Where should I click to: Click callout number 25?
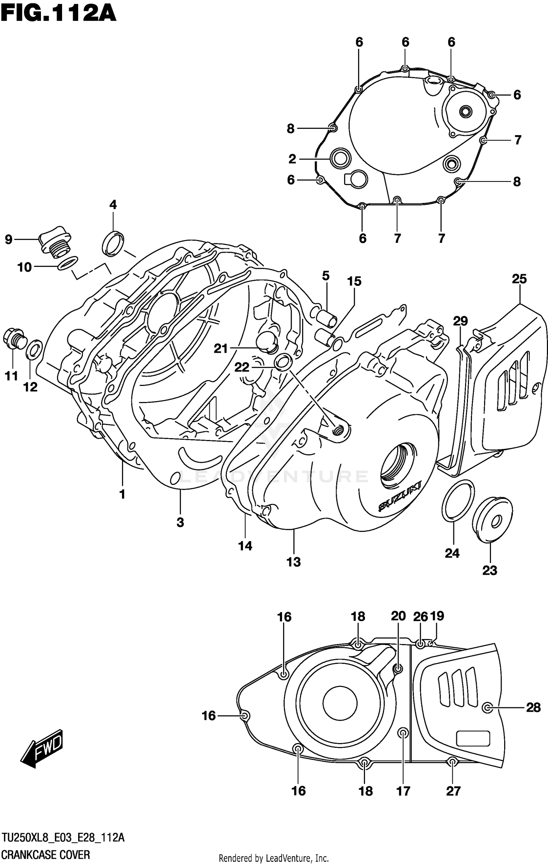(519, 279)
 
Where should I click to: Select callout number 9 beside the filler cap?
(8, 240)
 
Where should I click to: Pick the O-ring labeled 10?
(68, 263)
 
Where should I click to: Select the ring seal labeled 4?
(113, 243)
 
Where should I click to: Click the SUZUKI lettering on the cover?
(400, 496)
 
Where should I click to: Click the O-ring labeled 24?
(458, 500)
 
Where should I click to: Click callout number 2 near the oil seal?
(292, 159)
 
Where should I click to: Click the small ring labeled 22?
(283, 362)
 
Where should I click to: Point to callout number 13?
(293, 562)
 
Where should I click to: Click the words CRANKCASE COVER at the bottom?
(46, 852)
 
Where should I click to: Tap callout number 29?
(460, 321)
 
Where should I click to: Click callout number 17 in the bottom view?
(403, 791)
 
